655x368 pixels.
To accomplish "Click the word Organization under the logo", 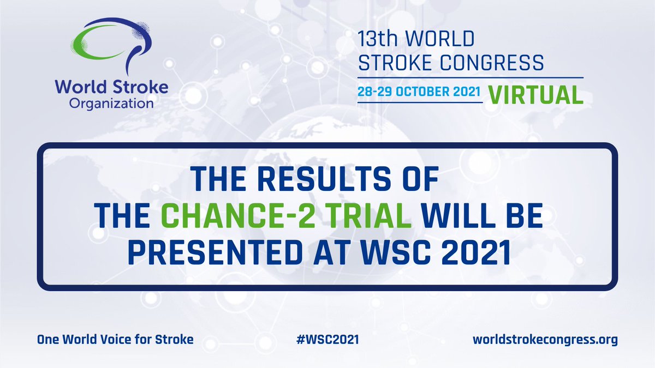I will coord(111,103).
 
